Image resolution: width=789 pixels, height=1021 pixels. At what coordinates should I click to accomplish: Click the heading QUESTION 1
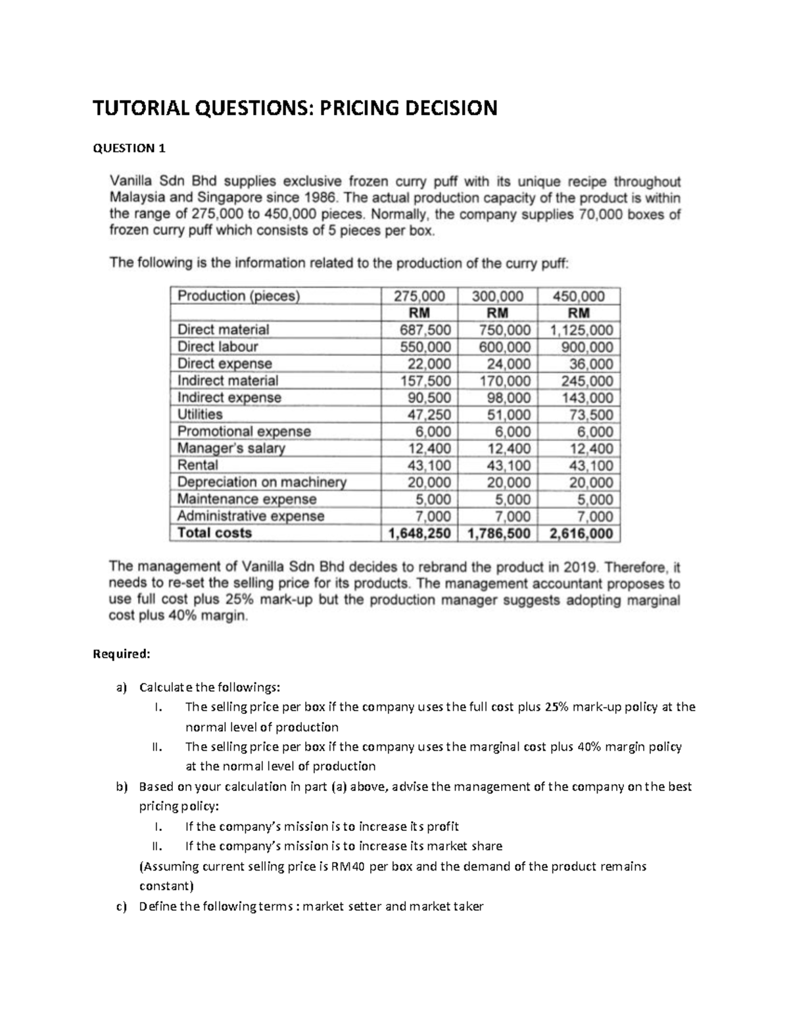pos(129,148)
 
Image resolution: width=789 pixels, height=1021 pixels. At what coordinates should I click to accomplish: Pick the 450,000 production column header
pos(578,296)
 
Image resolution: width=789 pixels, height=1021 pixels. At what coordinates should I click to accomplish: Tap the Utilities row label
pos(200,414)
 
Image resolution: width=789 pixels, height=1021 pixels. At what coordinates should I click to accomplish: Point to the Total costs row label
pos(215,533)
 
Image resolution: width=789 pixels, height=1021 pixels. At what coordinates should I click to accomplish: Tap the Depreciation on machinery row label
pos(261,482)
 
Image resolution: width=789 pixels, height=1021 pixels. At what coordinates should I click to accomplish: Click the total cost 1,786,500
pos(498,533)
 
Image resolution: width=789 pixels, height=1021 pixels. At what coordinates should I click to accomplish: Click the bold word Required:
pos(122,654)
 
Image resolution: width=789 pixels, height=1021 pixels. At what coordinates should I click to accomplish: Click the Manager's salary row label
pos(231,448)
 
